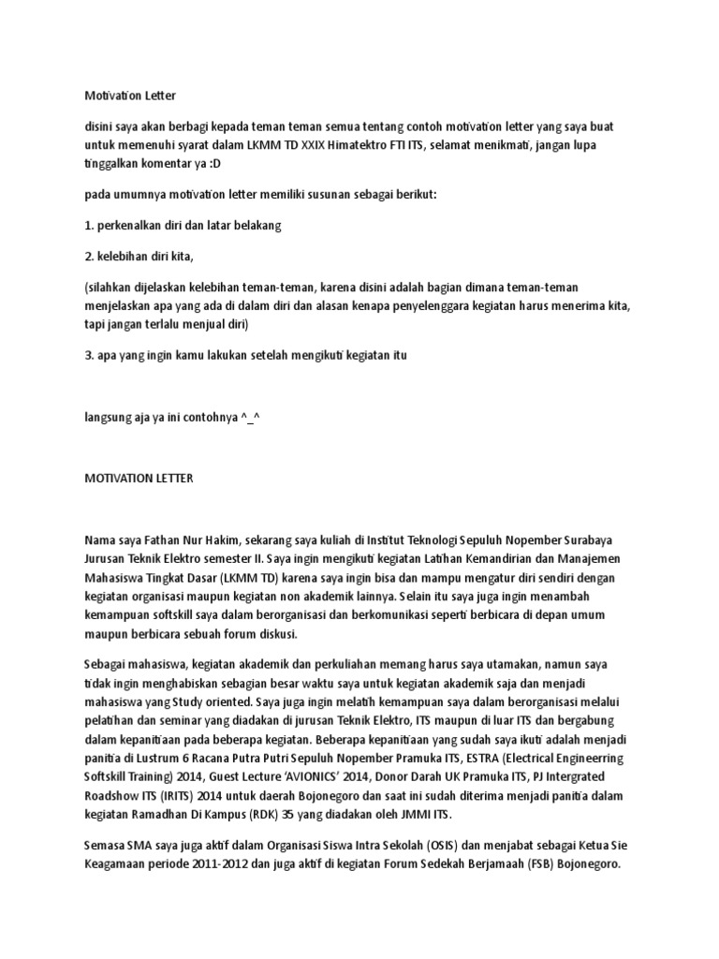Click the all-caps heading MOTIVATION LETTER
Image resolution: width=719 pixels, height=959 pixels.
coord(138,478)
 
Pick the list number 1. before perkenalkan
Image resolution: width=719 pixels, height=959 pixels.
coord(89,226)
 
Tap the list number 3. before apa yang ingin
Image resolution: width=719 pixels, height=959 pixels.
coord(90,356)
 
